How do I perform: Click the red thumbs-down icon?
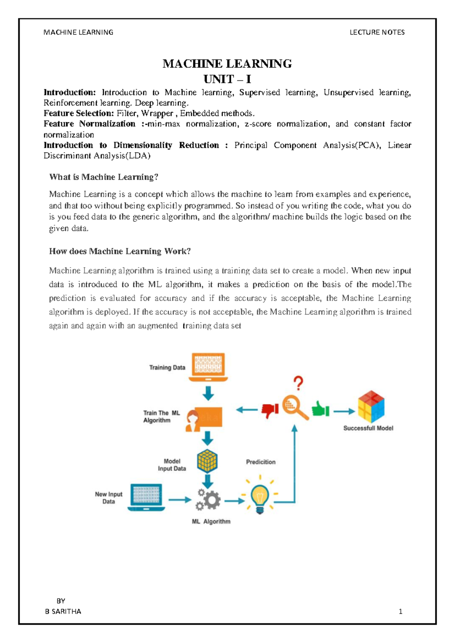point(270,410)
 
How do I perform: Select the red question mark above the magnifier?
point(298,383)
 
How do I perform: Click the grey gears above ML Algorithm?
point(208,500)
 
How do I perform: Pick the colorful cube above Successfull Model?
point(371,407)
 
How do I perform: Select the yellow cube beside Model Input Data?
point(207,461)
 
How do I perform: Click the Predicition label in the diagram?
point(260,462)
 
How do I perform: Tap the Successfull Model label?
point(368,428)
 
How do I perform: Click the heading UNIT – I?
point(227,79)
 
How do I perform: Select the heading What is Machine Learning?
point(104,177)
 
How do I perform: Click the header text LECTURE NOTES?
point(377,32)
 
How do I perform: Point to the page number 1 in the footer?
point(400,611)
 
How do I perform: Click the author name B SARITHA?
point(63,611)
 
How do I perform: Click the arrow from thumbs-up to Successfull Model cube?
point(344,411)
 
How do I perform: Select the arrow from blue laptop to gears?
point(180,500)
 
